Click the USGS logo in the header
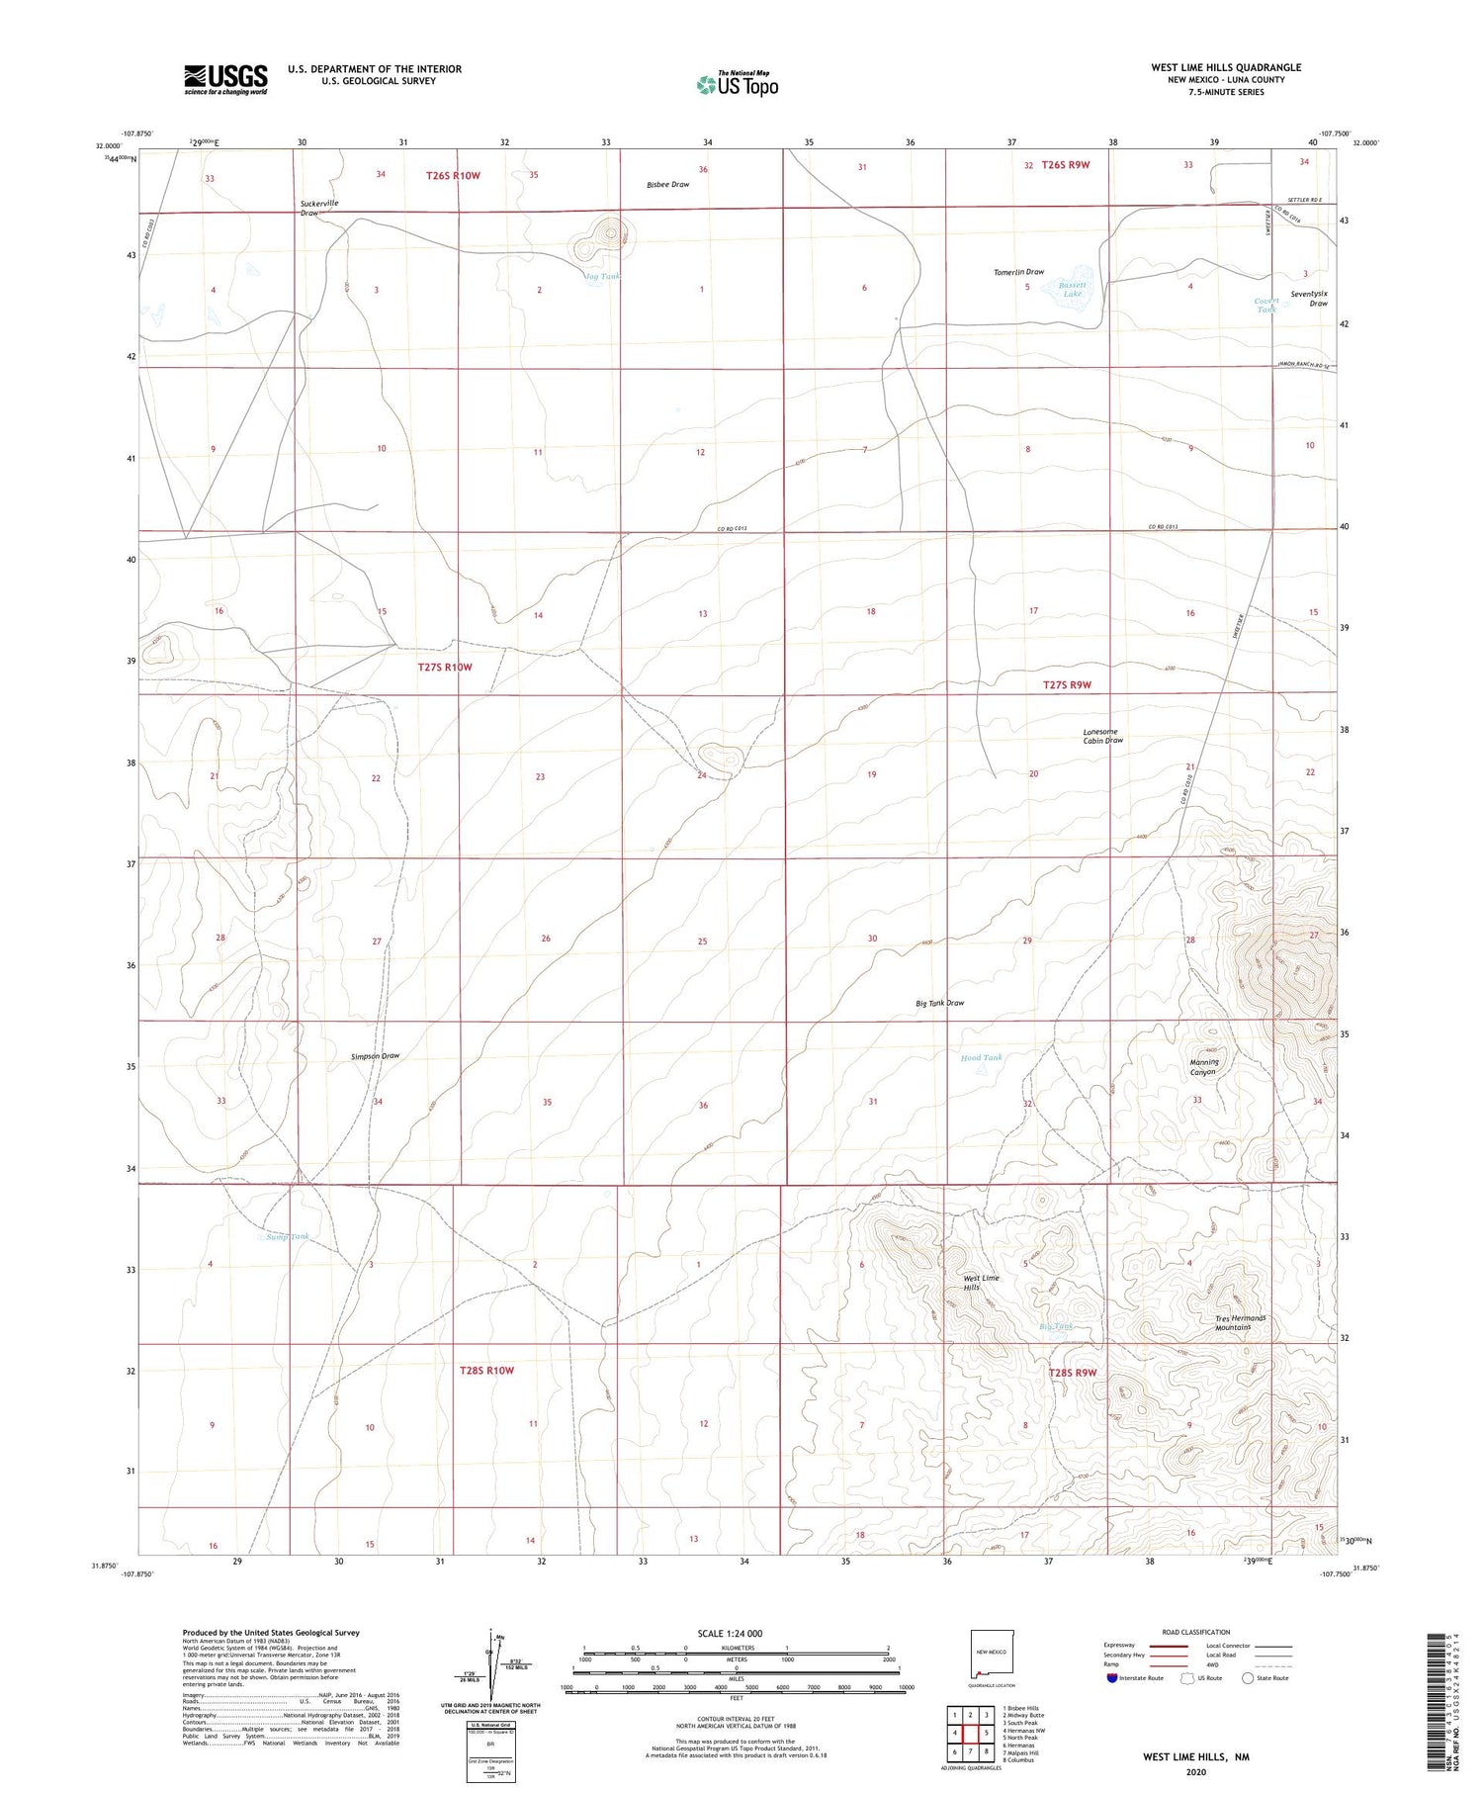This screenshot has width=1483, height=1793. pos(224,79)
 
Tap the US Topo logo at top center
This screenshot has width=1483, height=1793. pos(737,84)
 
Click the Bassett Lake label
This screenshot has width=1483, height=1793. pos(1073,289)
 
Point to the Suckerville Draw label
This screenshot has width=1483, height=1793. pos(318,208)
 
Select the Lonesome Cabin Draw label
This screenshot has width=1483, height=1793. pos(1102,736)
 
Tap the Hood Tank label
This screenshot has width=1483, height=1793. pos(981,1057)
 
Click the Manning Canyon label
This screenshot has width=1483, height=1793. pos(1203,1066)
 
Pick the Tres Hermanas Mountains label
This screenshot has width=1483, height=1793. pos(1241,1322)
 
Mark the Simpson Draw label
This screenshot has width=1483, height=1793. pos(376,1056)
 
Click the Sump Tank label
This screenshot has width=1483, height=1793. pos(288,1236)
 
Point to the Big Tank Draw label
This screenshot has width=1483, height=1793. pos(939,1003)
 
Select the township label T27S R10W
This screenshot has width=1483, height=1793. pos(444,668)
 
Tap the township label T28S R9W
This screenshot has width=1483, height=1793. pos(1073,1373)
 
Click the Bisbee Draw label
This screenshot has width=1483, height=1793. pos(668,185)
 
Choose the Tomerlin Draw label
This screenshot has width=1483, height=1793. pos(1018,272)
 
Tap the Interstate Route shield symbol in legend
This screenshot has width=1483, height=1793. pos(1111,1678)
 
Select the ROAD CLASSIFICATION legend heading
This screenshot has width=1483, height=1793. pos(1196,1632)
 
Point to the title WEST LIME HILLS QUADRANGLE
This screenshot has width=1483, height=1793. pos(1226,67)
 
